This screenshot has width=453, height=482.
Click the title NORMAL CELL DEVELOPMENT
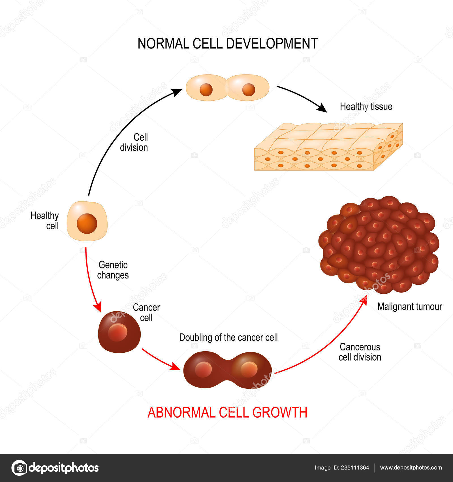point(227,44)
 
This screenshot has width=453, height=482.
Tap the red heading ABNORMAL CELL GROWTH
point(227,413)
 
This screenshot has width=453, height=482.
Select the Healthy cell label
point(45,221)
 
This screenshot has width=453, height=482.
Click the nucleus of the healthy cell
point(87,223)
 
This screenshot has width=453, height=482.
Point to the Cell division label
point(134,142)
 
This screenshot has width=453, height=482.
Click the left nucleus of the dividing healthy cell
point(206,90)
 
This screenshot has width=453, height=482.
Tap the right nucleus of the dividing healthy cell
point(249,90)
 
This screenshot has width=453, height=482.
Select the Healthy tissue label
point(366,107)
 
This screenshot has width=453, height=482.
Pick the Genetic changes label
point(113,270)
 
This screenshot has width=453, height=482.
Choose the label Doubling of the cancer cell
point(228,337)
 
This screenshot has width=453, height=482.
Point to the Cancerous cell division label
point(360,352)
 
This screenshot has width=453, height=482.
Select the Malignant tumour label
point(409,306)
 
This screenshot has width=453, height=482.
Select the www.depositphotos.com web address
point(411,468)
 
